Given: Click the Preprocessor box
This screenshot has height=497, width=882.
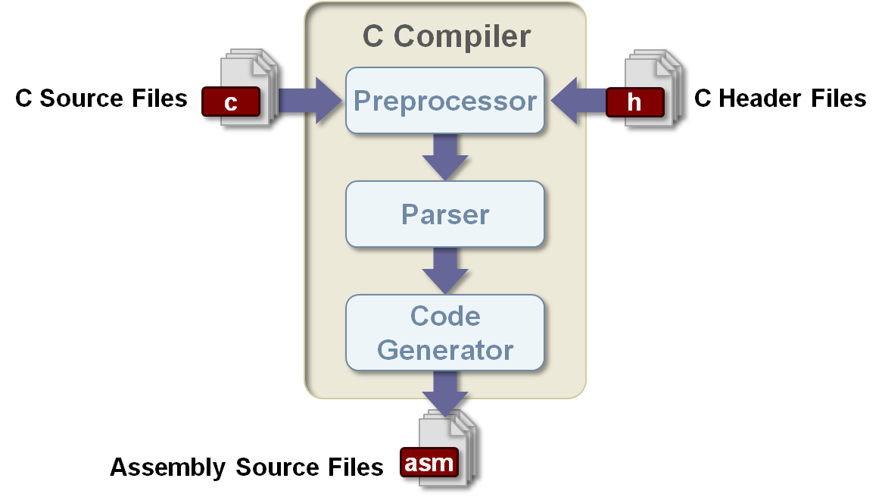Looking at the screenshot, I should (445, 101).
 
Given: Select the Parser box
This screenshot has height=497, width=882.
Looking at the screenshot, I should (445, 214).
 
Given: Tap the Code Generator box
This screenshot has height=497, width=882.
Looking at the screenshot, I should (445, 333).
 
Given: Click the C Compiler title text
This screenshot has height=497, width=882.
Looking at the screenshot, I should (446, 36).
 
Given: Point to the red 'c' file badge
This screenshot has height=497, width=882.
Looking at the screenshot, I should (231, 102).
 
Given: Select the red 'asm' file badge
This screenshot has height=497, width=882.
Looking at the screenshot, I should (429, 462).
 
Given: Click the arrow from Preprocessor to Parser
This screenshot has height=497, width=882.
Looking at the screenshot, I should (445, 158).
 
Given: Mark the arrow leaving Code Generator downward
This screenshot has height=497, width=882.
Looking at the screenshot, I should (445, 391).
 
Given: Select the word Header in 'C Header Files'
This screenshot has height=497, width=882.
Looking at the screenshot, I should (768, 98).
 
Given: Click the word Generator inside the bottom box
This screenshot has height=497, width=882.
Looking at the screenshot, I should (445, 350).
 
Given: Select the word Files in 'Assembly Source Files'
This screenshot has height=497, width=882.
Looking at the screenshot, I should (355, 467).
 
